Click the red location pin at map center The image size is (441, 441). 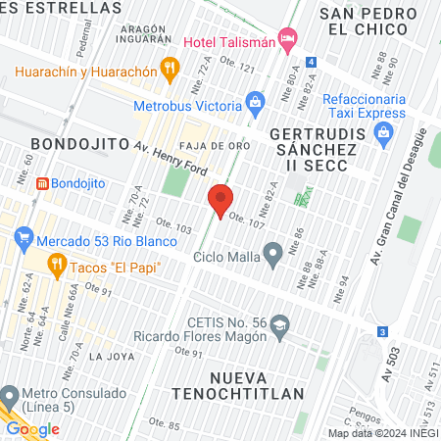tap(220, 200)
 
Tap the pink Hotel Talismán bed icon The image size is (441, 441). tap(287, 40)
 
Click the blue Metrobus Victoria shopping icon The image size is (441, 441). tap(255, 101)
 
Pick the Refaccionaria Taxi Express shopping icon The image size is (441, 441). tap(385, 131)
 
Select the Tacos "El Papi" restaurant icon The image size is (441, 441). tap(58, 263)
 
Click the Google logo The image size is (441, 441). tap(32, 429)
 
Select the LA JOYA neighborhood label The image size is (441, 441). tap(110, 356)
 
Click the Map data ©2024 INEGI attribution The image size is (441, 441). tap(383, 433)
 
